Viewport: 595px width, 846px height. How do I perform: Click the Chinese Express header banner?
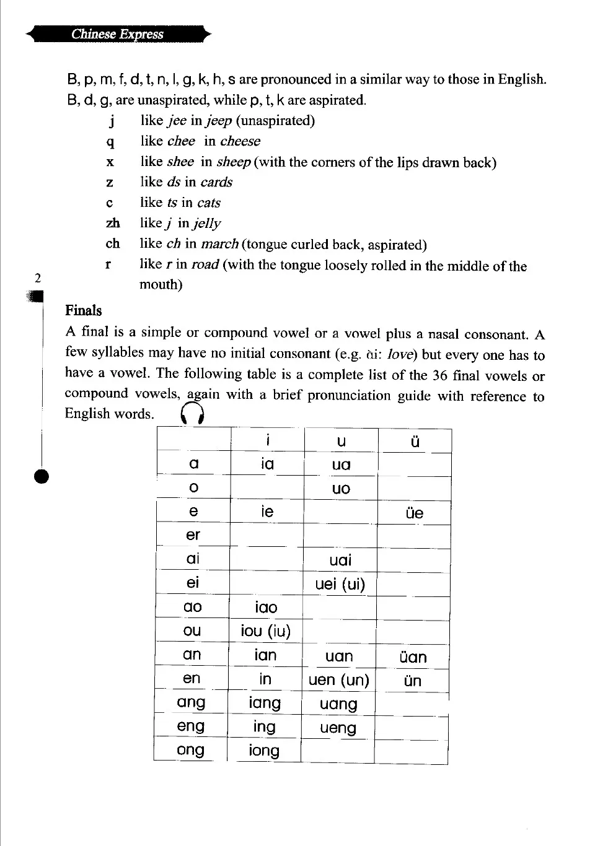point(118,34)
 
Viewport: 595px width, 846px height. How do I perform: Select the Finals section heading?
point(83,310)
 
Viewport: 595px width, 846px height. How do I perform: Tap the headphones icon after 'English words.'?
point(192,414)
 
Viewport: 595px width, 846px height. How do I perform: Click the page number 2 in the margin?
point(38,278)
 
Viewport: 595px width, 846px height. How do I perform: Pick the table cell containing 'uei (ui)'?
point(340,584)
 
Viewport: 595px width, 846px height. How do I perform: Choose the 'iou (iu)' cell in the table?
point(265,631)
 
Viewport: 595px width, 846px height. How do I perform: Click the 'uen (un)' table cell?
point(338,680)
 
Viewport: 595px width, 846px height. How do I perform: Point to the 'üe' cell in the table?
point(414,513)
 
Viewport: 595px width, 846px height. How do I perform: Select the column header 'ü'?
point(415,441)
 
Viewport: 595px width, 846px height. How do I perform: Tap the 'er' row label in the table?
point(193,534)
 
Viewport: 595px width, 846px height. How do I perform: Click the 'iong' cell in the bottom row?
point(264,751)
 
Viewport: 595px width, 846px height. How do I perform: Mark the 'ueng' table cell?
point(338,728)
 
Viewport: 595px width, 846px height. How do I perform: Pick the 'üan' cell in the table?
point(413,656)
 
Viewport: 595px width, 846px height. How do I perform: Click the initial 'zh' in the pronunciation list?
point(113,223)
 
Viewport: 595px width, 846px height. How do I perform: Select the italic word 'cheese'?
point(240,141)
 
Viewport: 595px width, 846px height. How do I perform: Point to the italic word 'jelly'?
point(206,224)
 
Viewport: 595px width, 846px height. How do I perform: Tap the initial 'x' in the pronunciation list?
point(110,162)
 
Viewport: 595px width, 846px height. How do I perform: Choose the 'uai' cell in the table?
point(340,560)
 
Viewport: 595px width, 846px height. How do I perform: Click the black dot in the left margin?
point(41,476)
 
